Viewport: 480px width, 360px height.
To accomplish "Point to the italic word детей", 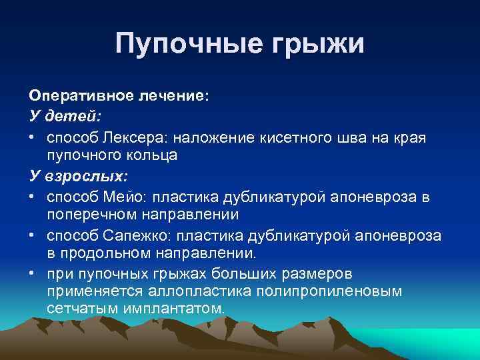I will coord(73,116).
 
